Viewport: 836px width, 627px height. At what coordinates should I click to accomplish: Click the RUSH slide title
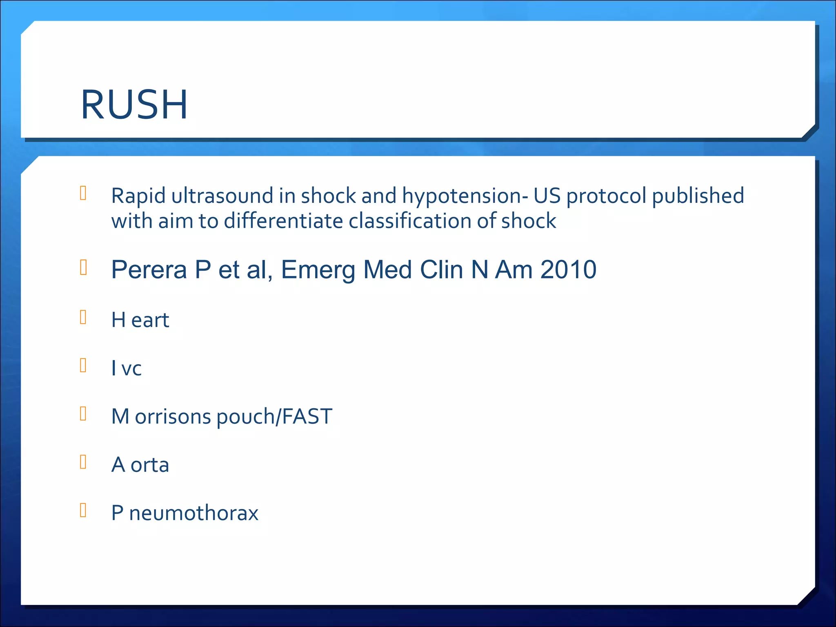[x=134, y=105]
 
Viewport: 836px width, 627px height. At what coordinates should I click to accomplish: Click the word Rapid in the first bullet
[x=138, y=196]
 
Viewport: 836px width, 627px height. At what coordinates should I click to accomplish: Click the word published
[x=698, y=196]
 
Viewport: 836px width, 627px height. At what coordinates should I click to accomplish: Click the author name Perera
[x=149, y=270]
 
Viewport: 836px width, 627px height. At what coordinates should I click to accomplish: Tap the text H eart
[x=140, y=320]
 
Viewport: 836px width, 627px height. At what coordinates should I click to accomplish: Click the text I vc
[x=126, y=369]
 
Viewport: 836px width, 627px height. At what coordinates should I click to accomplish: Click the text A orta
[x=140, y=465]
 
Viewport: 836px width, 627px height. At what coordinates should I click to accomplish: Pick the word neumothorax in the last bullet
[x=193, y=513]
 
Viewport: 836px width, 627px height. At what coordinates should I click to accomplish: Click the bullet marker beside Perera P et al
[x=83, y=267]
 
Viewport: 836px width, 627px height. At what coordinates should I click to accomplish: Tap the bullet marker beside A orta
[x=83, y=462]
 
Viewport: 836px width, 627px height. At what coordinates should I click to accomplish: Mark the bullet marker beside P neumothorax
[x=83, y=510]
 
